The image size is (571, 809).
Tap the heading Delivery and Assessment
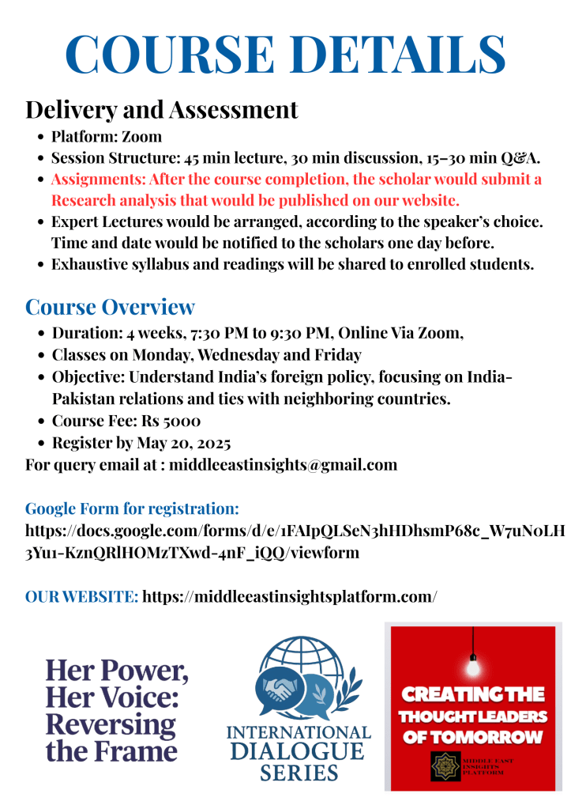click(162, 109)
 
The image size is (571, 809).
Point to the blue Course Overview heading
click(110, 307)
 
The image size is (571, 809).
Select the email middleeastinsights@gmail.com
click(283, 464)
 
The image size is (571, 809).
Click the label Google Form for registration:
click(132, 508)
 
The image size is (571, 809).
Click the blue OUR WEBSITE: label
click(81, 595)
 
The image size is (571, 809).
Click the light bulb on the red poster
click(473, 667)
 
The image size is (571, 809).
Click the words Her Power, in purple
click(116, 671)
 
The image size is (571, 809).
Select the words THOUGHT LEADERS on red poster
click(472, 716)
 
